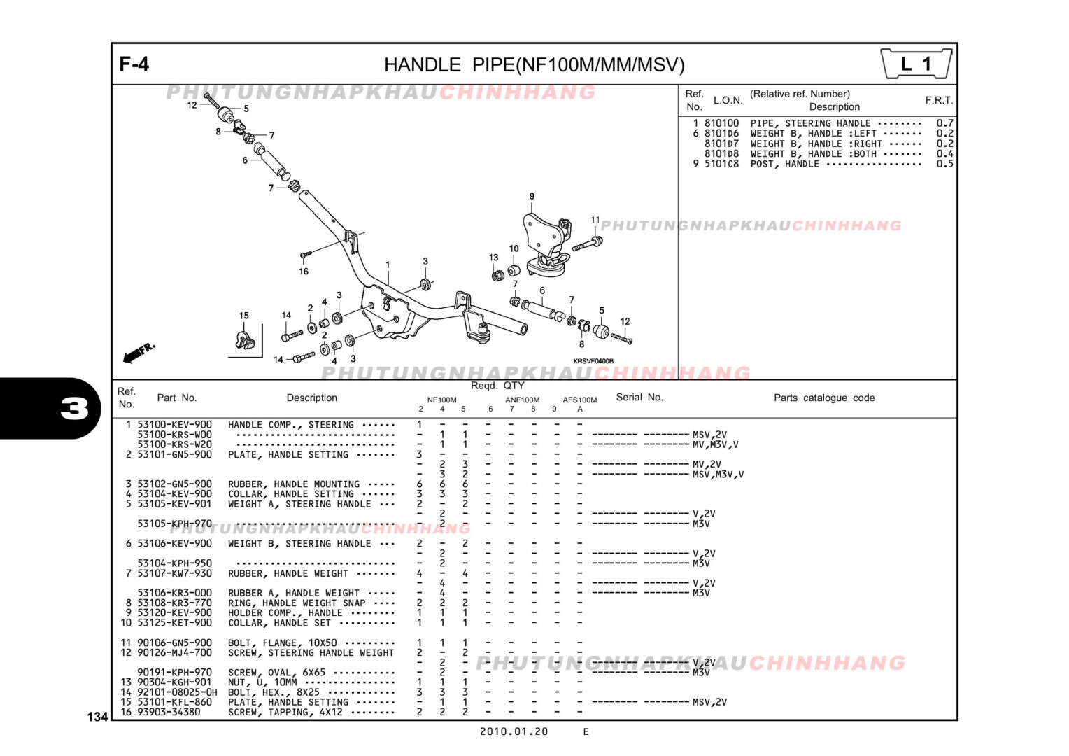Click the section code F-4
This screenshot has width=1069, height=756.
point(134,64)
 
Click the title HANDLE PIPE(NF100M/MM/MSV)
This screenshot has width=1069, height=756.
point(534,65)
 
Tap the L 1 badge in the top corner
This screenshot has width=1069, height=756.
point(916,64)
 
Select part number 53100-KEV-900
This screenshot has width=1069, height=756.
point(174,425)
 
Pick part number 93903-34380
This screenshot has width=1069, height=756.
point(169,713)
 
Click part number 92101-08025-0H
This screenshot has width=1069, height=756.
point(177,692)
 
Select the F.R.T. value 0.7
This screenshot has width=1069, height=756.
point(944,123)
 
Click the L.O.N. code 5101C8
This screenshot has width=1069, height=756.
point(721,164)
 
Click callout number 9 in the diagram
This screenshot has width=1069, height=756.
point(532,197)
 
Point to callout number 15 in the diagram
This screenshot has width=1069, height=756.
point(243,316)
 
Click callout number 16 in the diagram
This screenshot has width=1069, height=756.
point(304,272)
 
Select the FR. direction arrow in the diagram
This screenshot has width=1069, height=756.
point(138,353)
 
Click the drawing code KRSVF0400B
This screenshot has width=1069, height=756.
point(593,361)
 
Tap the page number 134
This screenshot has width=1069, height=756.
point(97,717)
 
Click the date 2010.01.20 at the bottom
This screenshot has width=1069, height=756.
point(514,731)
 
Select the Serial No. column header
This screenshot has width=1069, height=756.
point(639,398)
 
